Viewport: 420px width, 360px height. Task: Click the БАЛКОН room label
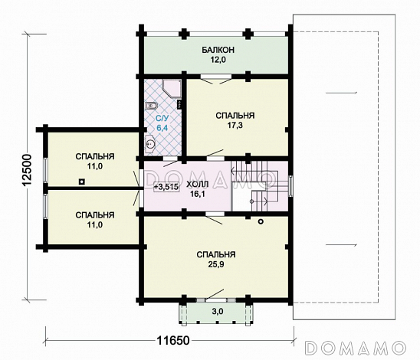(x=218, y=50)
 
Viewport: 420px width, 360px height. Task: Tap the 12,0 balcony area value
(x=218, y=60)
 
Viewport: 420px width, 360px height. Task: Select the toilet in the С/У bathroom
(x=151, y=106)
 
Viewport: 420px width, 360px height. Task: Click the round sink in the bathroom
(x=150, y=144)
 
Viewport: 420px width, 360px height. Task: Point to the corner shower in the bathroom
(x=172, y=88)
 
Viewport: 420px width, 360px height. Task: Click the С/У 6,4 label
(x=162, y=123)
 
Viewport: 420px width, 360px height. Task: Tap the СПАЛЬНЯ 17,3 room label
(x=235, y=120)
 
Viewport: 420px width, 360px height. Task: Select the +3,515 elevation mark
(x=166, y=187)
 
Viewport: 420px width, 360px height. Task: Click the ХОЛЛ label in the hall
(x=198, y=185)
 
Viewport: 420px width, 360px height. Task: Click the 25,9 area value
(x=216, y=264)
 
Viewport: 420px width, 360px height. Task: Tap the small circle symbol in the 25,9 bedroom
(x=261, y=221)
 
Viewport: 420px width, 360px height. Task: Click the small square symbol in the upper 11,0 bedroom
(x=82, y=182)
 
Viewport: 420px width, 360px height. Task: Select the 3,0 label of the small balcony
(x=217, y=311)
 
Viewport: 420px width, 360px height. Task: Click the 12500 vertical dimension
(x=27, y=170)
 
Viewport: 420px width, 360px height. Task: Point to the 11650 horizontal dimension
(x=172, y=341)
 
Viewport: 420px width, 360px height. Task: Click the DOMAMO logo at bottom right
(x=355, y=348)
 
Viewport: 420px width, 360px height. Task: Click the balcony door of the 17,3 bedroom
(x=216, y=77)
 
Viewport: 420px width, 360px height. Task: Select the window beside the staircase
(x=290, y=186)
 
